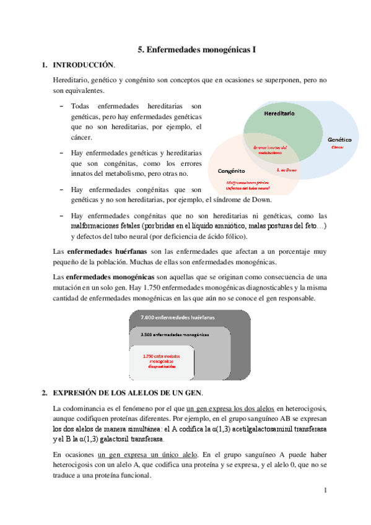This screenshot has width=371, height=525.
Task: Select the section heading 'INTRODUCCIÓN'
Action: [x=84, y=64]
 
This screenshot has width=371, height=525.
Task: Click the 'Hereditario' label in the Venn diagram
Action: [x=279, y=114]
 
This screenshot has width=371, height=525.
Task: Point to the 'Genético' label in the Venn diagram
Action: [x=339, y=140]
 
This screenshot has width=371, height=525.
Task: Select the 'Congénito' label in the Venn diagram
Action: [x=232, y=170]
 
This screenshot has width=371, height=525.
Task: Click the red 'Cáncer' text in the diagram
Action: [x=337, y=147]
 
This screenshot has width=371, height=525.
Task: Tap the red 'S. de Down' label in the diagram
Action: [x=287, y=170]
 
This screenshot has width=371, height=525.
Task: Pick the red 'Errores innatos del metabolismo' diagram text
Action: [x=271, y=150]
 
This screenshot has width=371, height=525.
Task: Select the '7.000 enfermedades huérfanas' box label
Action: [x=177, y=317]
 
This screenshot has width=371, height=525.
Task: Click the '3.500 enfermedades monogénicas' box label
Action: [x=175, y=334]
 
